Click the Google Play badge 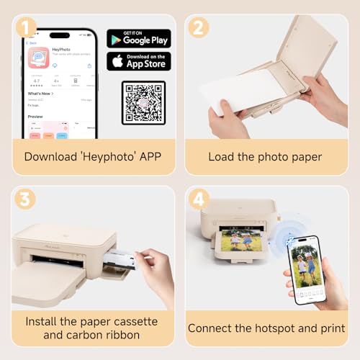[139, 38]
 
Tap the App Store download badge [139, 61]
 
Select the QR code [143, 102]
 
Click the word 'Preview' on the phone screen [35, 117]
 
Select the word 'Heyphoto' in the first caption [109, 156]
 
